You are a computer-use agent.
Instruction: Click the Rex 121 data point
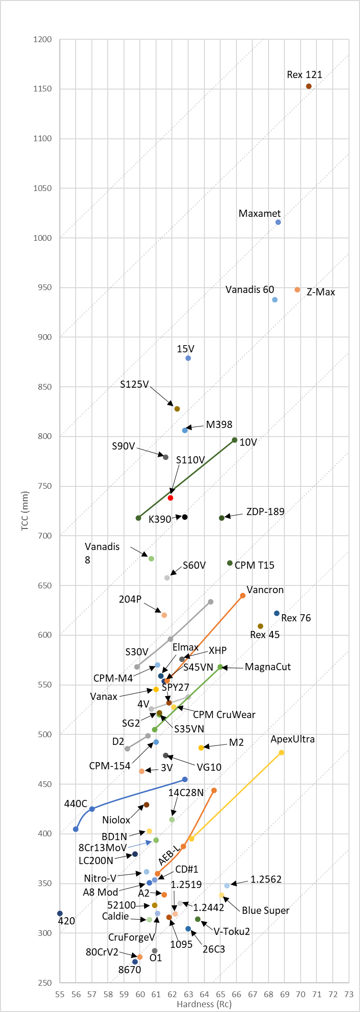coord(309,86)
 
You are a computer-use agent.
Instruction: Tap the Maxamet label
coord(259,214)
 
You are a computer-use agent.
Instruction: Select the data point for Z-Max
coord(297,290)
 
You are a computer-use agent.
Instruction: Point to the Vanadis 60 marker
coord(275,300)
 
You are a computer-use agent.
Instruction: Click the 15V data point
coord(188,358)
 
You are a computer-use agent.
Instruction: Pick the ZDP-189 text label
coord(265,512)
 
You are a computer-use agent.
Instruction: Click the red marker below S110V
coord(170,498)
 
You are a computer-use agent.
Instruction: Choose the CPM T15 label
coord(254,565)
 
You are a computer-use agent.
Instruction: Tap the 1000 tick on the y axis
coord(43,238)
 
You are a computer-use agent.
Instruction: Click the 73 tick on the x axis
coord(349,994)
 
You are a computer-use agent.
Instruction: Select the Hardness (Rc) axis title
coord(204,1004)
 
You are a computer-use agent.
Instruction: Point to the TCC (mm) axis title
coord(25,510)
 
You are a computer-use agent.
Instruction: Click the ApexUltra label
coord(292,739)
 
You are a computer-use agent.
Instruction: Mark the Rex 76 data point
coord(277,613)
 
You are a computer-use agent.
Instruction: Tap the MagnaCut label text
coord(268,667)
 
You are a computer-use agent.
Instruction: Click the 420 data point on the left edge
coord(60,913)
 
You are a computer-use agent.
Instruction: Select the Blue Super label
coord(265,911)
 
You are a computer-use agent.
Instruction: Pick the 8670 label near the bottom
coord(130,970)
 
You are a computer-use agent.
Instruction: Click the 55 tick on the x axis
coord(60,994)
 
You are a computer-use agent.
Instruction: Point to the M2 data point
coord(201,748)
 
